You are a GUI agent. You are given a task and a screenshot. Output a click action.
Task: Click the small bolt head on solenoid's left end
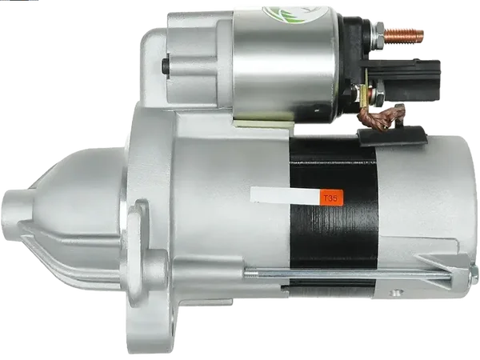(x=165, y=67)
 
